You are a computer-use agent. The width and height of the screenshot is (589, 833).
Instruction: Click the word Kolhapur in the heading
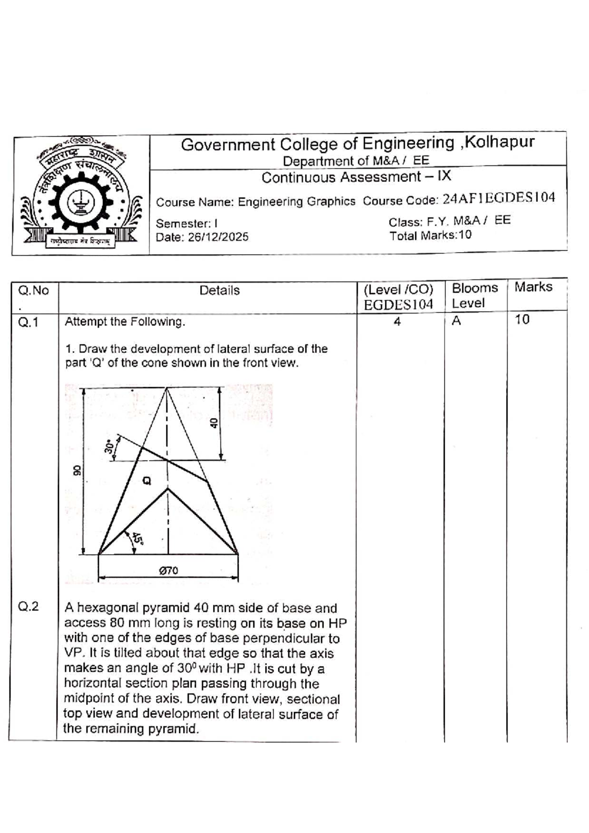click(499, 143)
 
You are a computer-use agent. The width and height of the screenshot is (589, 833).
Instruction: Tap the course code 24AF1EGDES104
click(499, 198)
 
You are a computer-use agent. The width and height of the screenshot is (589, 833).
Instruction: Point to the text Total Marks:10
click(430, 235)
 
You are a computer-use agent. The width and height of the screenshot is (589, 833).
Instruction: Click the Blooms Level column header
click(474, 295)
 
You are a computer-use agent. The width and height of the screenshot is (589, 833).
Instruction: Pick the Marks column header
click(533, 287)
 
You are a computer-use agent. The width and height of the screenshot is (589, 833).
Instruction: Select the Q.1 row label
click(28, 322)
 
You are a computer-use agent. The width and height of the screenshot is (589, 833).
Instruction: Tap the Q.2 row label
click(28, 607)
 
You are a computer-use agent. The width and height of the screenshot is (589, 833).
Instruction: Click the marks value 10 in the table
click(522, 320)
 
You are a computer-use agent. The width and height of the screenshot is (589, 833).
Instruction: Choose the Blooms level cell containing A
click(456, 321)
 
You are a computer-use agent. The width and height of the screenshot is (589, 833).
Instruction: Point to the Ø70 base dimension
click(168, 571)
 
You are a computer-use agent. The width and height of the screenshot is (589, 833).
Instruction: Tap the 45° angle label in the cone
click(138, 539)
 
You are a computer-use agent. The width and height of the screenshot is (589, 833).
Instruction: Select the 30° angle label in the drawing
click(109, 446)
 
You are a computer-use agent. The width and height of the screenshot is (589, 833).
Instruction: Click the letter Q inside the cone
click(146, 480)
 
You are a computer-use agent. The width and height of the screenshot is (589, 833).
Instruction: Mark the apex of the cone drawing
click(167, 388)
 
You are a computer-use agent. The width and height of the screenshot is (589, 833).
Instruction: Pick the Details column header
click(219, 290)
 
